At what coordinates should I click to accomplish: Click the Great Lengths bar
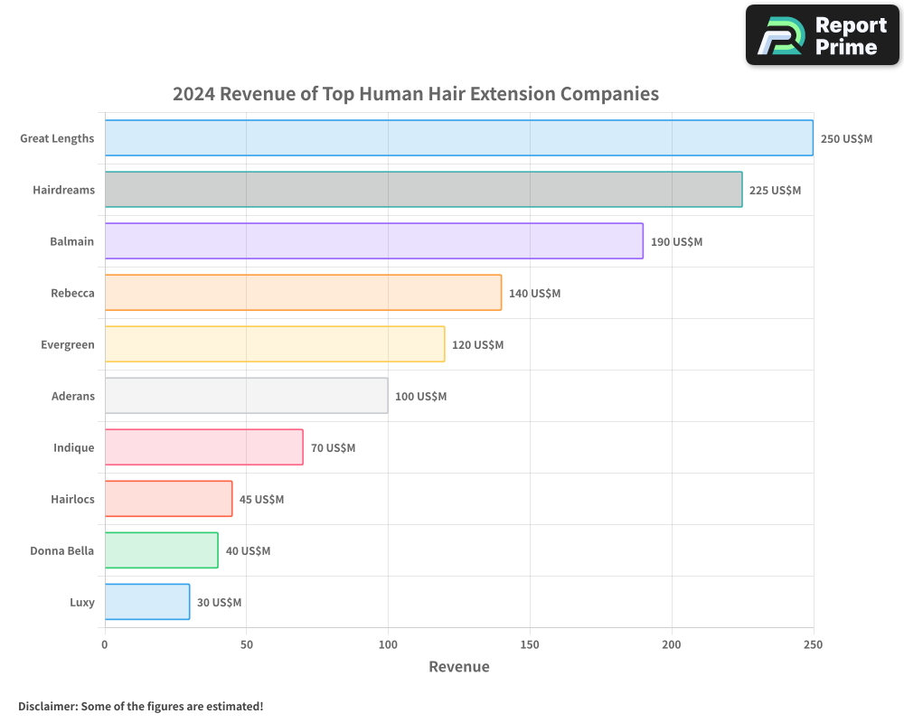458,138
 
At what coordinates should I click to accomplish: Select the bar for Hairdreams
423,190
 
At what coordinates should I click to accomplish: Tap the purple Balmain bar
373,241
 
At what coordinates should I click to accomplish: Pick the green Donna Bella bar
161,550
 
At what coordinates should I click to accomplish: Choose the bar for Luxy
146,602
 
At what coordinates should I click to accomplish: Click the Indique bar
203,447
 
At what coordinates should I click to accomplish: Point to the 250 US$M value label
846,139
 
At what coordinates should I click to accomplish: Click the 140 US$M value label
534,294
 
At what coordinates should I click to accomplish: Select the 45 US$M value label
261,500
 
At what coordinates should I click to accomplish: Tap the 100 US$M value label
420,397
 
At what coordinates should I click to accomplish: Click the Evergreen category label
67,344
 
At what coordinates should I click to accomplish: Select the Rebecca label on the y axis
72,293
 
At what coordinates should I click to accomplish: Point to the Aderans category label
72,396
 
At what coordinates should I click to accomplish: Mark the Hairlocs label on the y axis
72,499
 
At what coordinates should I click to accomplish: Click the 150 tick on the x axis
530,644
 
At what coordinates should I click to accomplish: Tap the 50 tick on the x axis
247,644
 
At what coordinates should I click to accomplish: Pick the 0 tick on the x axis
105,644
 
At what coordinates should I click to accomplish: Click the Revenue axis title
458,667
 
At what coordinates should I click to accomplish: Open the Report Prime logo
822,35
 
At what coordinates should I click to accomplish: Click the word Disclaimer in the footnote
47,706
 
